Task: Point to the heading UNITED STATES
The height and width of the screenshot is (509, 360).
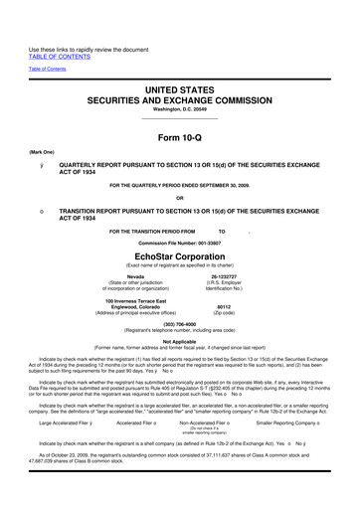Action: click(180, 62)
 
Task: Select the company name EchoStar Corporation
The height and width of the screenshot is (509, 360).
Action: click(180, 254)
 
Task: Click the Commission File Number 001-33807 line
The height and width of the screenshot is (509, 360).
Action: click(180, 241)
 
